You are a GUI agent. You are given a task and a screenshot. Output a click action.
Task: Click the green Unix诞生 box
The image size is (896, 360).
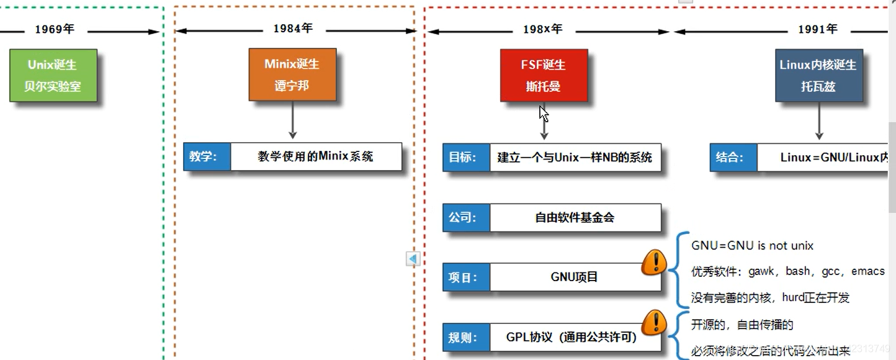pyautogui.click(x=53, y=75)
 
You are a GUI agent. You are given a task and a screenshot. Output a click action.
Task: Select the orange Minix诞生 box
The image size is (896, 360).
pyautogui.click(x=292, y=74)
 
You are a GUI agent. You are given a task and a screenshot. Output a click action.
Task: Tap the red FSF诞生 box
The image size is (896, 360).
pyautogui.click(x=544, y=75)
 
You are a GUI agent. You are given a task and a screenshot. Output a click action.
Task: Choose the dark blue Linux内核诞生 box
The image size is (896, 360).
pyautogui.click(x=818, y=75)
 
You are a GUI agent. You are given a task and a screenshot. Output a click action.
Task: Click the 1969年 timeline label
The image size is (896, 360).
pyautogui.click(x=54, y=30)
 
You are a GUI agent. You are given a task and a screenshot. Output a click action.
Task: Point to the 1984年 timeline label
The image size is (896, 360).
pyautogui.click(x=293, y=29)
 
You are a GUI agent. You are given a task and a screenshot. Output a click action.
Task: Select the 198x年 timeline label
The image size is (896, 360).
pyautogui.click(x=542, y=29)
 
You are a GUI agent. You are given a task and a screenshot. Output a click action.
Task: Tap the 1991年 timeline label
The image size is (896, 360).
pyautogui.click(x=818, y=29)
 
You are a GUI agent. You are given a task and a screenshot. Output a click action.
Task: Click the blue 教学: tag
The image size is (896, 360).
pyautogui.click(x=207, y=156)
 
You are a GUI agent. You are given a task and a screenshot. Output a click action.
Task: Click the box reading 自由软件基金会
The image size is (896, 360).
pyautogui.click(x=575, y=218)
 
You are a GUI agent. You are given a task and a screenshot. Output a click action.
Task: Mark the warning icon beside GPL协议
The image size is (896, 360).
pyautogui.click(x=654, y=322)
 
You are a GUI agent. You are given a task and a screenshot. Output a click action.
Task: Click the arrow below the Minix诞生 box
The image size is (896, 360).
pyautogui.click(x=293, y=120)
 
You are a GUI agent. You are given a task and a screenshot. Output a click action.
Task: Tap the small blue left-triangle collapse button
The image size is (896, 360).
pyautogui.click(x=413, y=258)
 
